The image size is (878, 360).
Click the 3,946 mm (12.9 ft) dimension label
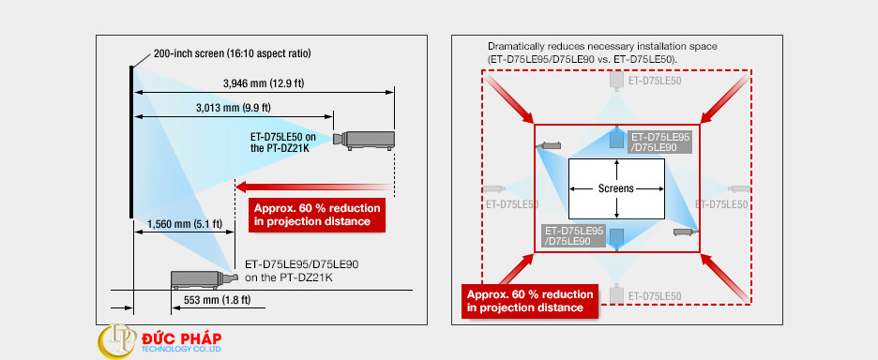[264, 84]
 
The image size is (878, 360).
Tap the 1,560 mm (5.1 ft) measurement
[185, 224]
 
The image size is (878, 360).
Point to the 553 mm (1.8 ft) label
[218, 300]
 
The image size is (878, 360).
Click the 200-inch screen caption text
[232, 53]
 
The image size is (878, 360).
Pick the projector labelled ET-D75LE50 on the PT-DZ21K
[364, 141]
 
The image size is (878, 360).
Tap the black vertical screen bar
[131, 142]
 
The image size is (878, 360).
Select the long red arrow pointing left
[313, 187]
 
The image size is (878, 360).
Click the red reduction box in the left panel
[317, 215]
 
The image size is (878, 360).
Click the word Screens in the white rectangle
[616, 188]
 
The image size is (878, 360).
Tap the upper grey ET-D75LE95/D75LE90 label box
[660, 142]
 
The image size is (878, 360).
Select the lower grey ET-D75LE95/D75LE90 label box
[574, 235]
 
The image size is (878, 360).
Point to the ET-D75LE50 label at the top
[655, 81]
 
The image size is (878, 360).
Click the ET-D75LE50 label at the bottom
[655, 296]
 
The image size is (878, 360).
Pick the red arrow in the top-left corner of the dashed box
[509, 98]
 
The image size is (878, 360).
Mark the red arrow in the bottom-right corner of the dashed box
[725, 277]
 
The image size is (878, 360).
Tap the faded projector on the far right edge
[739, 188]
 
